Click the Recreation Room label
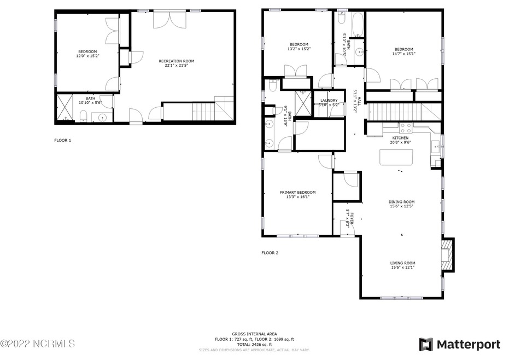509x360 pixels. tap(176, 61)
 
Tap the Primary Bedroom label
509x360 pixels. tap(297, 192)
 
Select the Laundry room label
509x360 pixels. tap(329, 100)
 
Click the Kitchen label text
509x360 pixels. tap(400, 138)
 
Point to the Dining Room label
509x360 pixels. tap(401, 201)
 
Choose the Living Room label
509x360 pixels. tap(402, 263)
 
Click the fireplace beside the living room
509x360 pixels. tap(448, 254)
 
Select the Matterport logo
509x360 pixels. tap(459, 344)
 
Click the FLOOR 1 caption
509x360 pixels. tap(62, 140)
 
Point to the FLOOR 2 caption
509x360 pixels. tap(270, 253)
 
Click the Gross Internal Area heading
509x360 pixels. tap(254, 334)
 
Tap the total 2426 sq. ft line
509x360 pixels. tap(254, 344)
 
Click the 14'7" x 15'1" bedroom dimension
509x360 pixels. tap(403, 54)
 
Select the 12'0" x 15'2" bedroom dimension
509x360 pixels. tap(87, 55)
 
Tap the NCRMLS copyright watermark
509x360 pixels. tap(37, 344)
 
